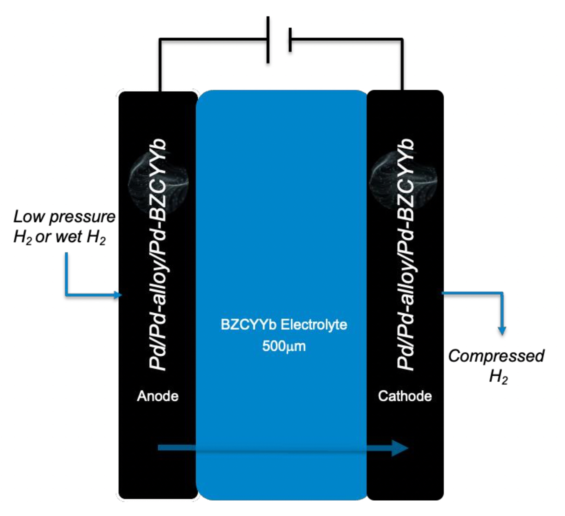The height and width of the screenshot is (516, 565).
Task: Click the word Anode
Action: [x=157, y=396]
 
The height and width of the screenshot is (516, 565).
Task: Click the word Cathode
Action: [x=405, y=396]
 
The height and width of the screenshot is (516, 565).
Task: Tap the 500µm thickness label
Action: [x=284, y=346]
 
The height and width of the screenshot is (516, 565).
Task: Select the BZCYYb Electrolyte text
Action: [x=284, y=325]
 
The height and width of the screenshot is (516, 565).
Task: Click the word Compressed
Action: [x=496, y=356]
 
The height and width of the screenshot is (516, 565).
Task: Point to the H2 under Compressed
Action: [x=498, y=377]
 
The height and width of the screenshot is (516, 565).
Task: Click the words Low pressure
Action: [x=65, y=217]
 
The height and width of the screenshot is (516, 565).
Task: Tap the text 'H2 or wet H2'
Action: [x=60, y=237]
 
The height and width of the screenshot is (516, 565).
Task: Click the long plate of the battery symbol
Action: [x=268, y=40]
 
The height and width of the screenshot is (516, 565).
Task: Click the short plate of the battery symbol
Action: [x=290, y=40]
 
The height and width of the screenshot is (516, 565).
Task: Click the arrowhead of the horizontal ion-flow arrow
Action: [x=400, y=447]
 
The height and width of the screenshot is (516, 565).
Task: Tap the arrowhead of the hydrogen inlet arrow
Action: [x=118, y=295]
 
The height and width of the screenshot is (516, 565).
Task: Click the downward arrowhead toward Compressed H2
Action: [x=502, y=330]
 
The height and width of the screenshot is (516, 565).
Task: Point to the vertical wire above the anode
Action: [x=160, y=65]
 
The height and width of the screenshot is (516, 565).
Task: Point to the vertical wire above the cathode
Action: [x=402, y=65]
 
